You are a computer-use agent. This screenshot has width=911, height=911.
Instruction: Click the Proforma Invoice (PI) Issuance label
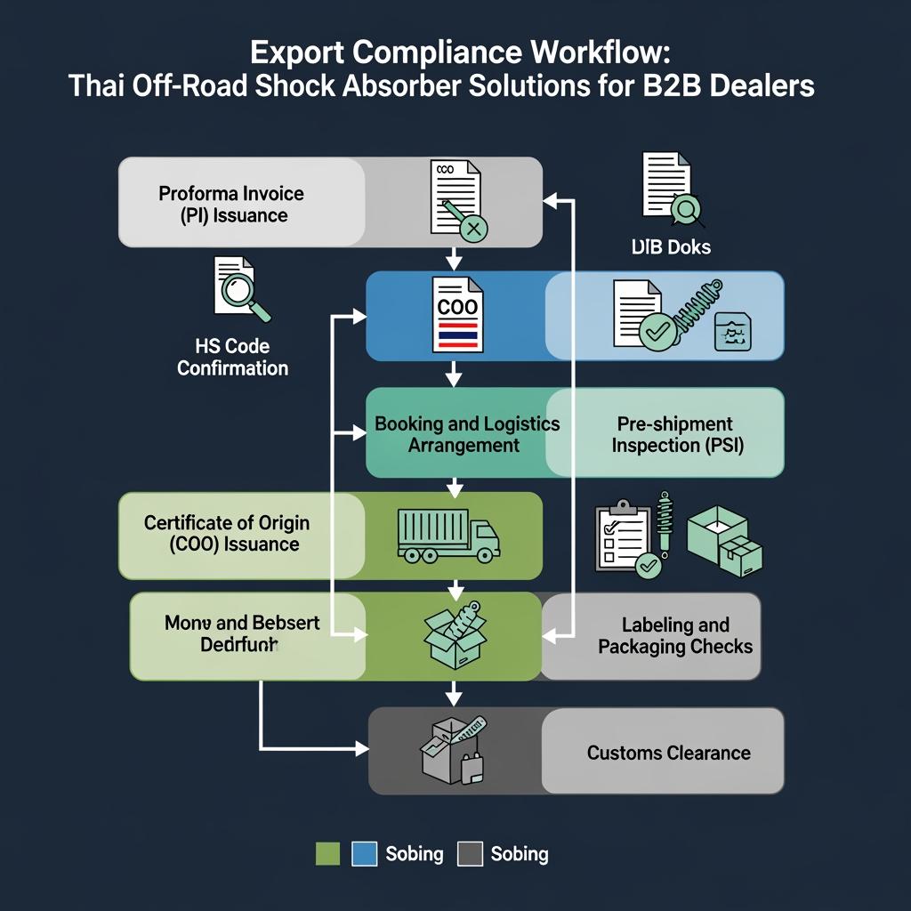pos(231,204)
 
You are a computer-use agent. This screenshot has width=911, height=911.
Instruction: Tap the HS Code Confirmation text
pos(232,357)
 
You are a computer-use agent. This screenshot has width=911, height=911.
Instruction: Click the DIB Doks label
pos(671,247)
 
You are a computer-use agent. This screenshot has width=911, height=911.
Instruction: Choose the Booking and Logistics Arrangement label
pos(466,434)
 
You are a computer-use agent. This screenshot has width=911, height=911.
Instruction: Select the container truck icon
pos(447,536)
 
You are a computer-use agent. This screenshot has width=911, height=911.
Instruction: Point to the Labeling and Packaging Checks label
pos(674,635)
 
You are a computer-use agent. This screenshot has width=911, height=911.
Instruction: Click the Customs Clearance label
pos(668,753)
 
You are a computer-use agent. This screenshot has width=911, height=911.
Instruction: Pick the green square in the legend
pos(328,854)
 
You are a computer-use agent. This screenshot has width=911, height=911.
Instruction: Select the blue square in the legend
pos(365,854)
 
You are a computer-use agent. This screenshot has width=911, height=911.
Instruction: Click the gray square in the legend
pos(469,854)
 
